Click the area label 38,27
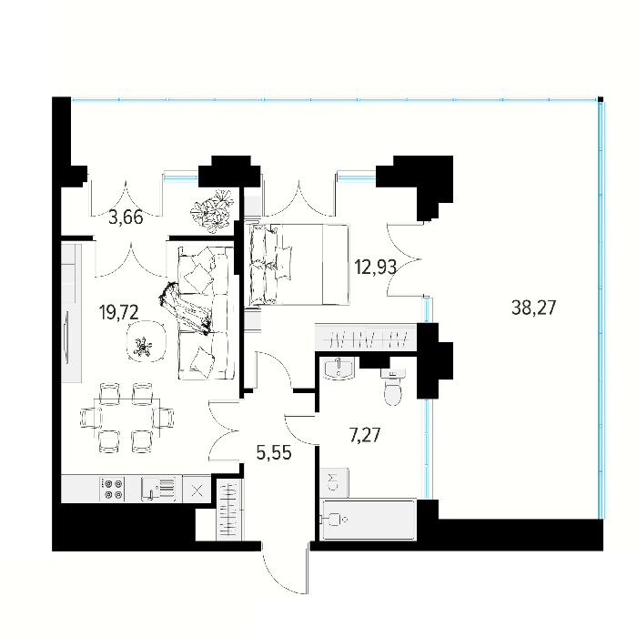pos(533,308)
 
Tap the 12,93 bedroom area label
pos(375,268)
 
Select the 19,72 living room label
pos(118,312)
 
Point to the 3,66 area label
pos(126,217)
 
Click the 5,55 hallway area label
pos(274,452)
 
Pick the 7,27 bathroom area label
pos(365,435)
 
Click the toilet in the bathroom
pos(393,387)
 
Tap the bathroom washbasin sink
pos(339,369)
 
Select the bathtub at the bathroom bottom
pos(369,520)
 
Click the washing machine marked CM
pos(334,482)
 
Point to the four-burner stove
pos(113,490)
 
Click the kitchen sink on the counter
pos(158,490)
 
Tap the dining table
pos(126,418)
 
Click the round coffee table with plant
pos(147,341)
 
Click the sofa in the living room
pos(206,312)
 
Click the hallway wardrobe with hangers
pos(229,511)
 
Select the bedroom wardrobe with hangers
pos(366,338)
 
